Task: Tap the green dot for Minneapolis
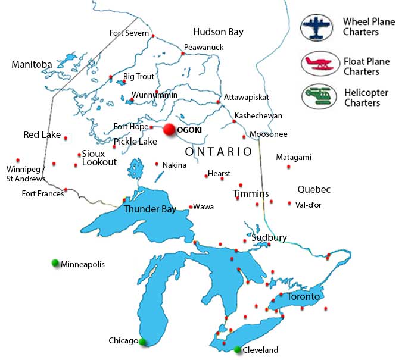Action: [x=55, y=263]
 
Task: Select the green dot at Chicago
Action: [x=142, y=342]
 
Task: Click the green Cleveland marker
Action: [x=238, y=349]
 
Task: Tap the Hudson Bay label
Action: [x=218, y=32]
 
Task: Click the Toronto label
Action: [x=303, y=296]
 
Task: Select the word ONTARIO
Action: [x=219, y=152]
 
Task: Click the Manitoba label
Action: [x=32, y=64]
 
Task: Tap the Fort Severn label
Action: [x=129, y=33]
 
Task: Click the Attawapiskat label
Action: [x=247, y=97]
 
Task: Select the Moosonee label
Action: [x=268, y=134]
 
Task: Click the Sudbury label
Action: [x=269, y=237]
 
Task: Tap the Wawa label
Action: [x=204, y=207]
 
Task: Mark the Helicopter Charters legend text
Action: [x=366, y=98]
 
